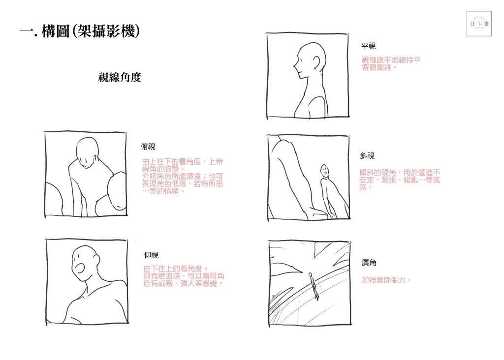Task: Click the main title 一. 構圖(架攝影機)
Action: (80, 31)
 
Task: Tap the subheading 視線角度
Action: (120, 77)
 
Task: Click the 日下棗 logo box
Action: (479, 24)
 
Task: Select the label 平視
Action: (368, 46)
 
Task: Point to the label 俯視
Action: (148, 147)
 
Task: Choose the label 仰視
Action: (151, 255)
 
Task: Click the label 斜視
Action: (367, 156)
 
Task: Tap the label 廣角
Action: (369, 263)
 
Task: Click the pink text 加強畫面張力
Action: (386, 280)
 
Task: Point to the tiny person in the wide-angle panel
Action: (313, 286)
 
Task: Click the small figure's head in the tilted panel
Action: (325, 170)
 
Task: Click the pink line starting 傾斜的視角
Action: (400, 173)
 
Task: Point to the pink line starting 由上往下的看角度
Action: (182, 161)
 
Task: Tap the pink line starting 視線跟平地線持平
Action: (391, 60)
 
